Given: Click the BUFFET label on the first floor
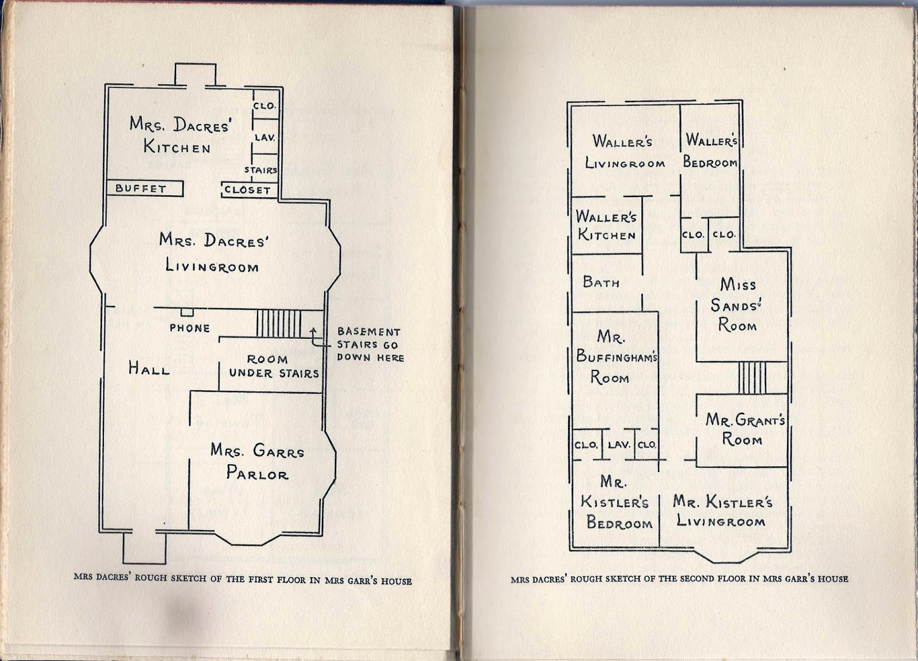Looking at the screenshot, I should (141, 188).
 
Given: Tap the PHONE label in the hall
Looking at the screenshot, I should (189, 328).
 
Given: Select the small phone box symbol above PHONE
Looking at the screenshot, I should (187, 312).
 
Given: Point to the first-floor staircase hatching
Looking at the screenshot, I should (279, 324).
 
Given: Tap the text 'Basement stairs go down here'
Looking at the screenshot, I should (370, 345).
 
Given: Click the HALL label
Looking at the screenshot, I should (149, 369).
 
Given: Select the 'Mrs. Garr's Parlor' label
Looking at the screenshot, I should (257, 462).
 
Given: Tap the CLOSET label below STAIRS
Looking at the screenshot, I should (247, 190).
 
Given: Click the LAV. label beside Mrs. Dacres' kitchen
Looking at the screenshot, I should (265, 137).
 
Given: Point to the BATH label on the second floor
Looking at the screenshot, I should (601, 282).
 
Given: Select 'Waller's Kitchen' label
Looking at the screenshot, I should (606, 226).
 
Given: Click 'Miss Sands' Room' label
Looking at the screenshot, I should (737, 305).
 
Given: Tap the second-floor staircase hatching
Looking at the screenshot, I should (752, 377).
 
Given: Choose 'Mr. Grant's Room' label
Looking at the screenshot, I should (744, 430).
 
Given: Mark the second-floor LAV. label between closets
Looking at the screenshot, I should (619, 444).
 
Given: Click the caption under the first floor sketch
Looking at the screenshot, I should (243, 579).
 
